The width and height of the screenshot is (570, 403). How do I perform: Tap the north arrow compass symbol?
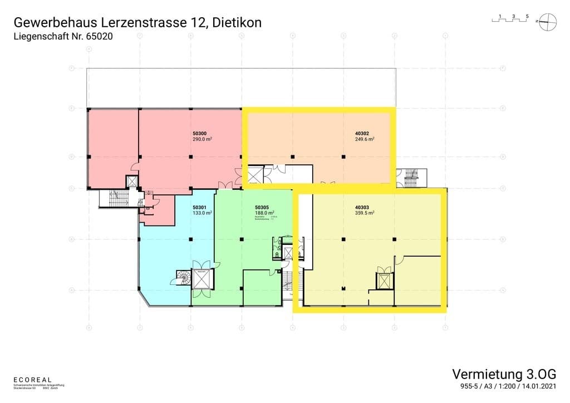(x=546, y=21)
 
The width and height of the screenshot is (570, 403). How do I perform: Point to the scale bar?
(x=509, y=19)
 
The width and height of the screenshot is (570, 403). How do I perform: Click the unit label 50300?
(x=199, y=134)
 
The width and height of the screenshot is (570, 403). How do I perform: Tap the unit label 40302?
(x=362, y=134)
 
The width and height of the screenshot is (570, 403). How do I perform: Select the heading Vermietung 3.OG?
(x=504, y=373)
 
